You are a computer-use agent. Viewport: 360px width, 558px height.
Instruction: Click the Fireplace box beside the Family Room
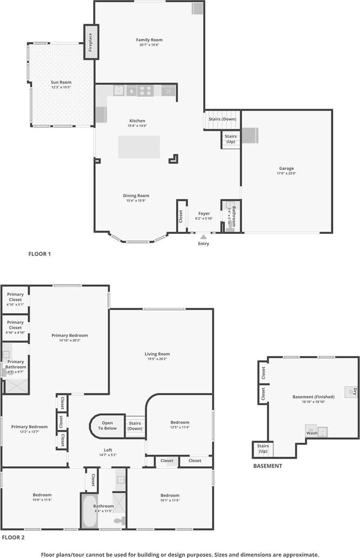[x=91, y=42]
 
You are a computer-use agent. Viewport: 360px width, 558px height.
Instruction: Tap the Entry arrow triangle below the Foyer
[x=203, y=237]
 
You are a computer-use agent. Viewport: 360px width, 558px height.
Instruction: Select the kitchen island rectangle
[x=139, y=147]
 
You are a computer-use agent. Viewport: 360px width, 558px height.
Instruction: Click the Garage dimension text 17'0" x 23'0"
[x=286, y=173]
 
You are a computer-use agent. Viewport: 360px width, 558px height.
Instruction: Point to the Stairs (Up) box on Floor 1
[x=230, y=139]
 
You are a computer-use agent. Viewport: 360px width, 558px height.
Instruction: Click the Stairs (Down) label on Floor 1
[x=222, y=119]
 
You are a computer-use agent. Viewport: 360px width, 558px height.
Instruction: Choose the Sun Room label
[x=61, y=82]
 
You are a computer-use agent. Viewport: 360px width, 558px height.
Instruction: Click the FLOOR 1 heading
[x=39, y=254]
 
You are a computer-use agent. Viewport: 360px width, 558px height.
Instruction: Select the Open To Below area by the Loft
[x=107, y=426]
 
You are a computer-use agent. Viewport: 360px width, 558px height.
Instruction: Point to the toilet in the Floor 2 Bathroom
[x=119, y=520]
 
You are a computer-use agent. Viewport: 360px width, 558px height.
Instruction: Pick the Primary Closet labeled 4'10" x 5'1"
[x=15, y=300]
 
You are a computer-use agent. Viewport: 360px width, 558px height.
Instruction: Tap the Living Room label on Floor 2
[x=157, y=354]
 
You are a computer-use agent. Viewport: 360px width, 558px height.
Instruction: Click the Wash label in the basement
[x=312, y=433]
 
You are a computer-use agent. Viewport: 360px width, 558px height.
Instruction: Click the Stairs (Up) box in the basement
[x=263, y=449]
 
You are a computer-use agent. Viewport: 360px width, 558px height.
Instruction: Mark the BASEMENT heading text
[x=268, y=466]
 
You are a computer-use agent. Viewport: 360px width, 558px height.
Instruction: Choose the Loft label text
[x=108, y=450]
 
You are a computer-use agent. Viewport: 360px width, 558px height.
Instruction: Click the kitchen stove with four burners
[x=145, y=91]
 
